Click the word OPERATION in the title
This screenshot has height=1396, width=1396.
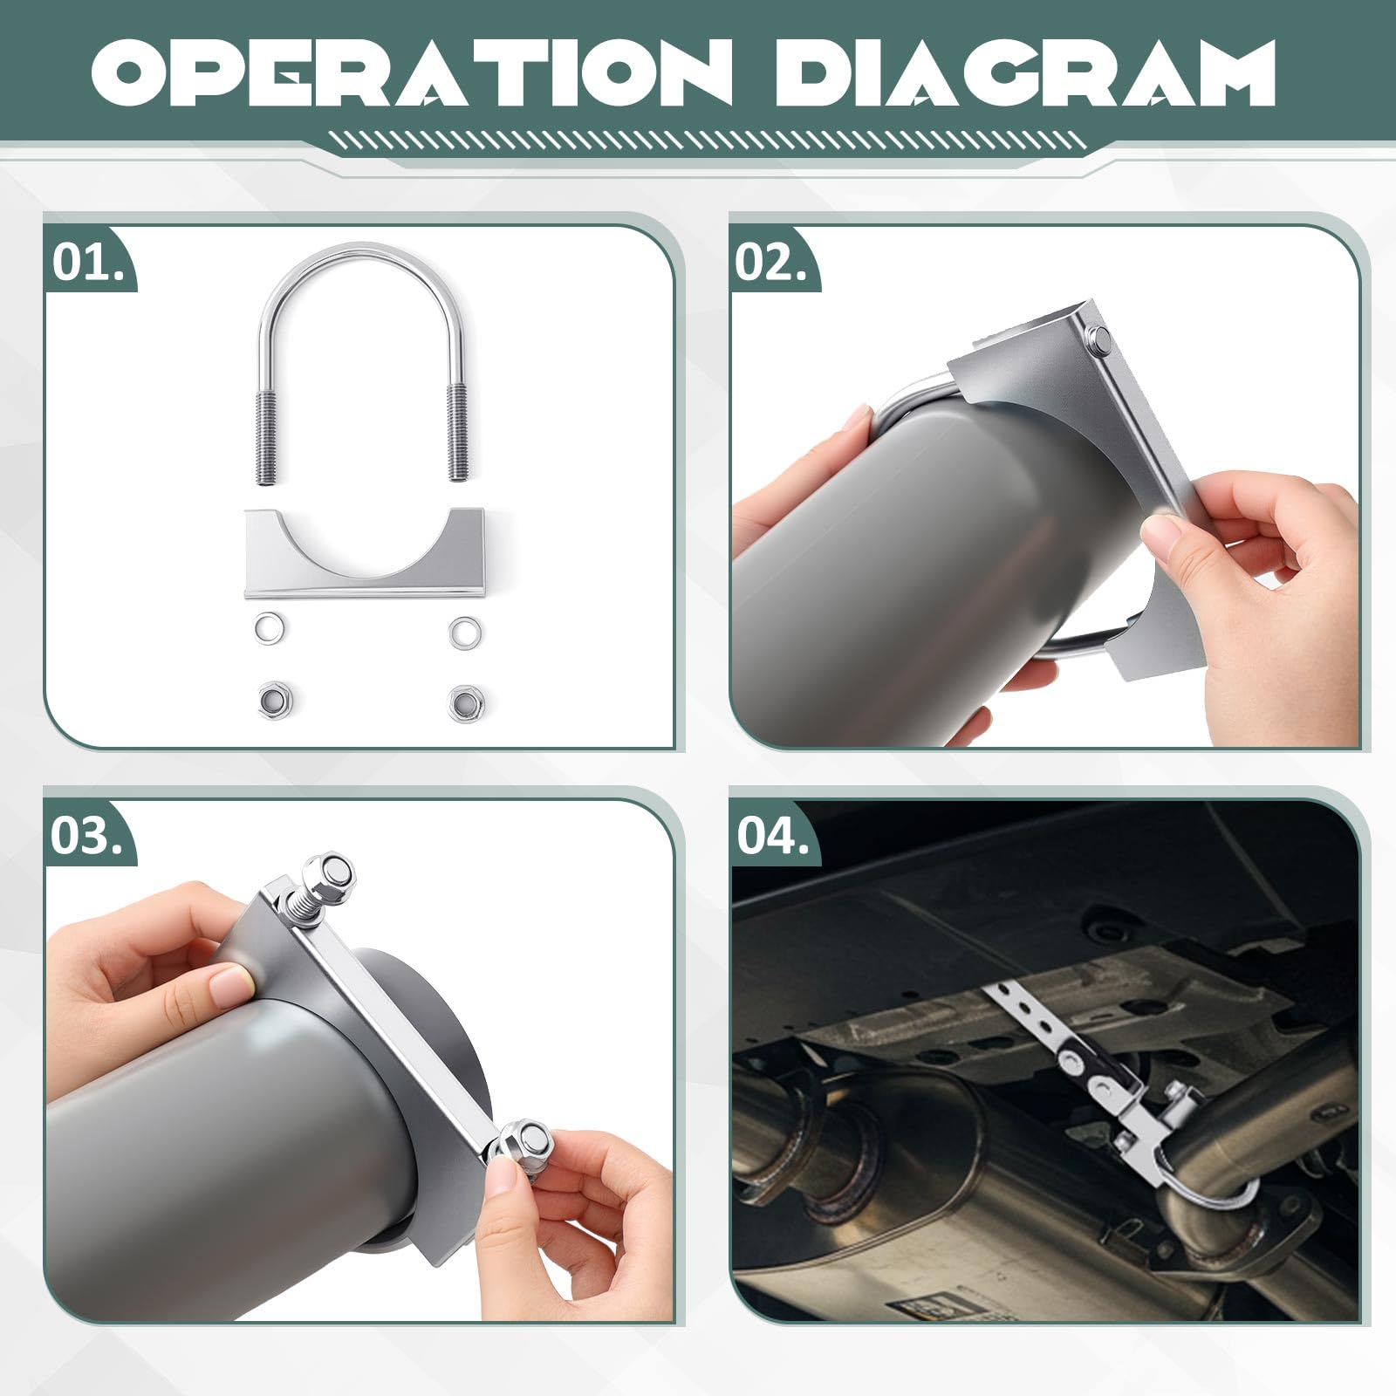pos(410,72)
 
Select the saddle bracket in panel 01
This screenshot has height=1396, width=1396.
pos(364,553)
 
